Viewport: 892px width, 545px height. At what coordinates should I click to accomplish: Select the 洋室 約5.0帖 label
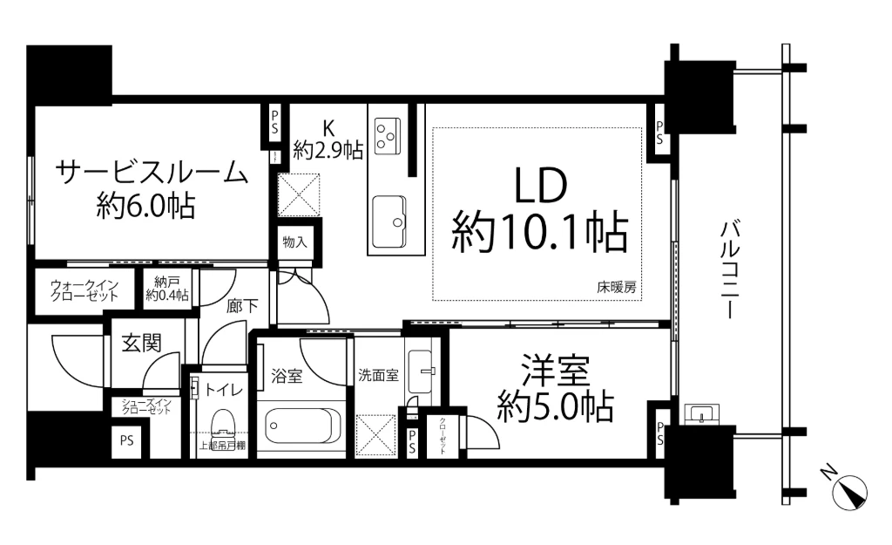pos(556,388)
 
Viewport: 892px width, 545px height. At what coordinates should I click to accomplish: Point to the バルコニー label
pos(730,269)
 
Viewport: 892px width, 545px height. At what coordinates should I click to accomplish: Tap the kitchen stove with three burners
pos(385,131)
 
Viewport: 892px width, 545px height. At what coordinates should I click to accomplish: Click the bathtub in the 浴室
pos(300,428)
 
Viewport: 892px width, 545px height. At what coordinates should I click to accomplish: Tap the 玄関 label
pos(140,343)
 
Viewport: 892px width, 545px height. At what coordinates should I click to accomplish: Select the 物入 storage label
pos(295,242)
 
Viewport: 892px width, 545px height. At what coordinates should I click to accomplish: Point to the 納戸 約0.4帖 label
pos(167,288)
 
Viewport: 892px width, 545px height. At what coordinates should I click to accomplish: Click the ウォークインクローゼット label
pos(84,290)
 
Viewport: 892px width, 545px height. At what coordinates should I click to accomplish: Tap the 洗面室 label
pos(378,376)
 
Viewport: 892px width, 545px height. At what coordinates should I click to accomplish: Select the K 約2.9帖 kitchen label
pos(328,140)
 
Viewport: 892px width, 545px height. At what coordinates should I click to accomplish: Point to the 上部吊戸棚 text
pos(222,446)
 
